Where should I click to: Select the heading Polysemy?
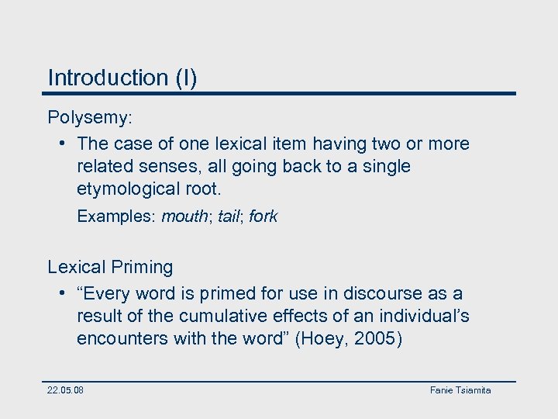(x=91, y=117)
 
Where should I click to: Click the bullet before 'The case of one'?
(x=61, y=144)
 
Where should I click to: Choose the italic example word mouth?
(x=182, y=216)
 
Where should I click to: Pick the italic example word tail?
(x=229, y=216)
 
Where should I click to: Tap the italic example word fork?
(x=263, y=216)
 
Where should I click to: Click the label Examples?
(x=115, y=216)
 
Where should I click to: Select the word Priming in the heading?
(x=142, y=268)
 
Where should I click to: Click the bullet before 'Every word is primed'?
(x=61, y=294)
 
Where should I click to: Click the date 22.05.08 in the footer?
(x=66, y=390)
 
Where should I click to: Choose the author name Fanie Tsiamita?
(x=460, y=390)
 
